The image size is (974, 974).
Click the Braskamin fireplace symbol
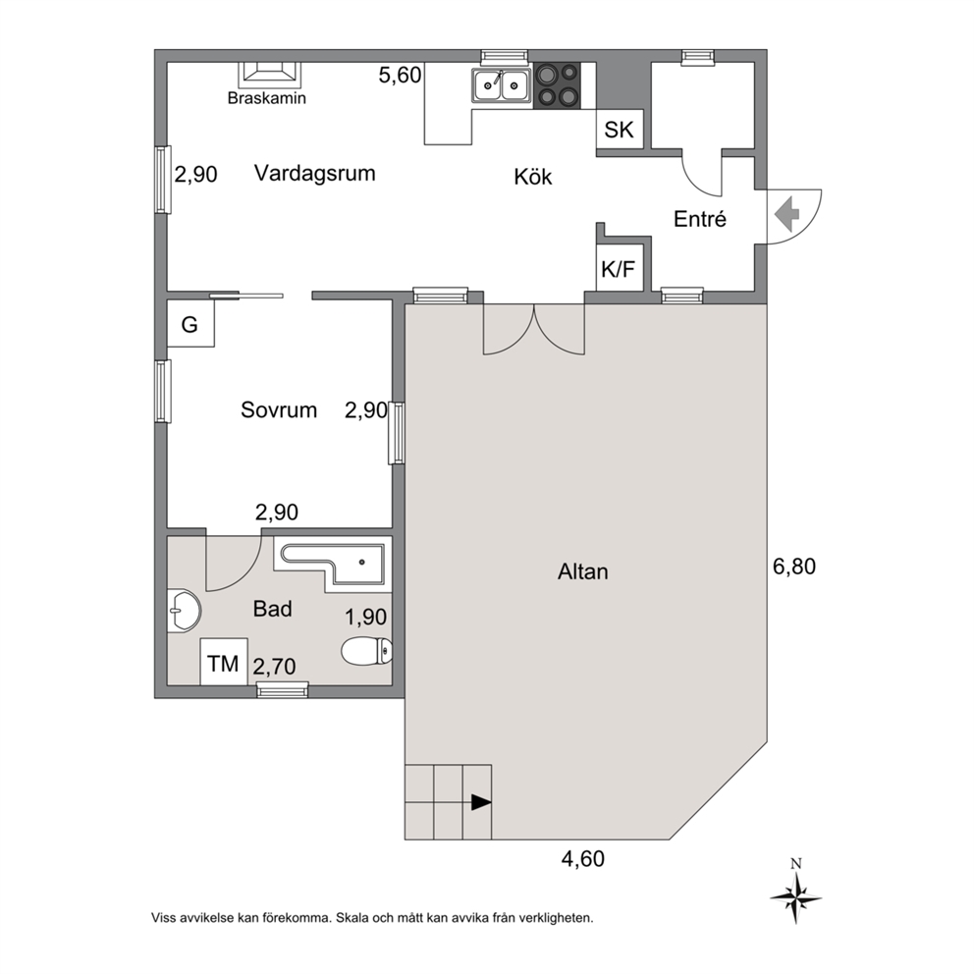pos(270,75)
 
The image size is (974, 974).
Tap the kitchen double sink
pos(502,85)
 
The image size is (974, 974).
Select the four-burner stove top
pos(557,85)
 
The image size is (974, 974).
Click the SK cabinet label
pos(619,130)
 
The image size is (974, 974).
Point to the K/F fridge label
pos(618,269)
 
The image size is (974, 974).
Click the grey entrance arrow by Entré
pos(786,214)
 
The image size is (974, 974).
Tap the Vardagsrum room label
pos(315,173)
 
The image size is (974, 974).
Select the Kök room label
pos(533,177)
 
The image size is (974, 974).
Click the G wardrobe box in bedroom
pos(190,324)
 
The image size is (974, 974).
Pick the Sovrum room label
pos(279,410)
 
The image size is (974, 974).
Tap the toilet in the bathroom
pos(367,651)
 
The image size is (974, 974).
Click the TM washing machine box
pos(224,662)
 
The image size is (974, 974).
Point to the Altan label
pos(582,571)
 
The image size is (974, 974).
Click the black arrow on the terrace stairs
pos(481,802)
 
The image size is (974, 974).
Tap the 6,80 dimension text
pos(794,567)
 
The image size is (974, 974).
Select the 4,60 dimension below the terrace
pos(582,858)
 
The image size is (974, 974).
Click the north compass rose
pos(795,897)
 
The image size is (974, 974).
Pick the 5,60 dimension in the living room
pos(400,76)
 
